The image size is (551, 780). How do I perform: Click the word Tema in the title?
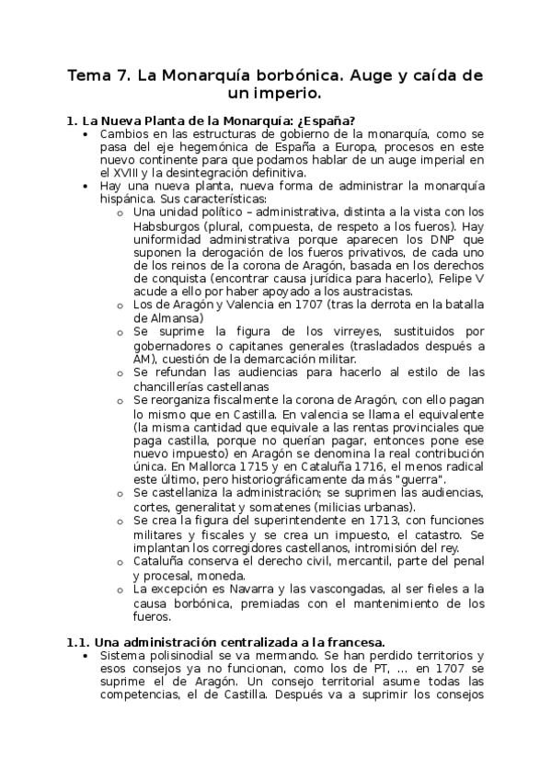[87, 75]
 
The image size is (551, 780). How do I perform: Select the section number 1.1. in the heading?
[78, 640]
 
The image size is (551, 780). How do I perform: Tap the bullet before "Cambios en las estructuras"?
[85, 133]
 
